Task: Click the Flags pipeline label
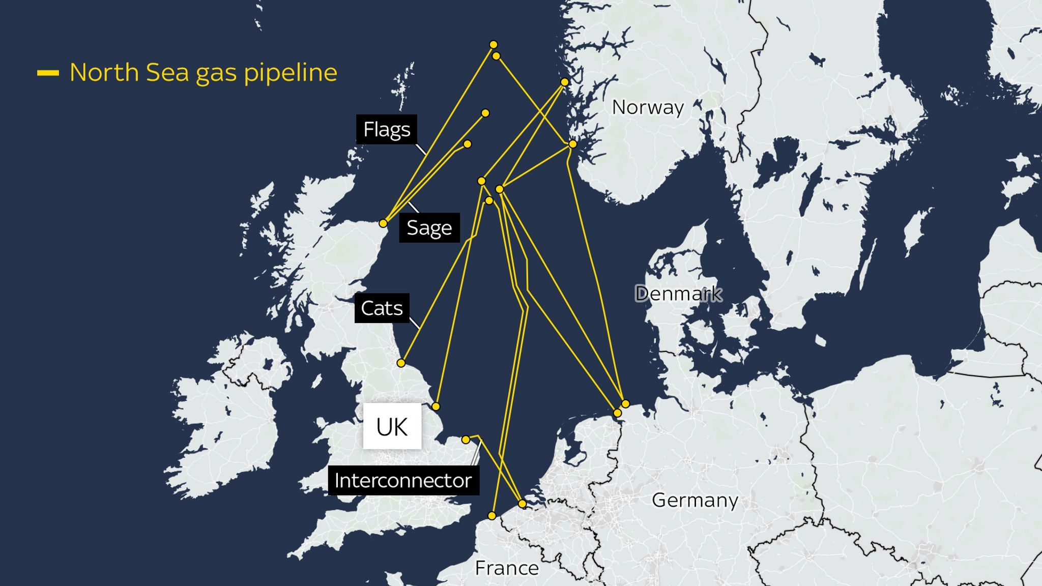click(x=387, y=129)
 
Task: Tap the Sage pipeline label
click(x=429, y=227)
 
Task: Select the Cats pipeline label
click(x=382, y=308)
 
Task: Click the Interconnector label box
click(x=403, y=480)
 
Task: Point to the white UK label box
click(x=392, y=426)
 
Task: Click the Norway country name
click(x=648, y=107)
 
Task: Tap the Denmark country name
click(x=678, y=294)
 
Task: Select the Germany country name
click(x=694, y=500)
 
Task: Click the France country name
click(x=506, y=568)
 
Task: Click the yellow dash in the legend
click(x=48, y=73)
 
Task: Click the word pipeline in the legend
click(x=290, y=73)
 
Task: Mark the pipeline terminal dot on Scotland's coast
click(x=383, y=223)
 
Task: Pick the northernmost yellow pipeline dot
click(x=493, y=45)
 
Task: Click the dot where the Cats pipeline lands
click(x=401, y=363)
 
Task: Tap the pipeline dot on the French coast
click(x=491, y=516)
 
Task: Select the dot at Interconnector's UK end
click(x=466, y=439)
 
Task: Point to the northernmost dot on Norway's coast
click(x=564, y=82)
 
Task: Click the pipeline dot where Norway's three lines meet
click(x=572, y=144)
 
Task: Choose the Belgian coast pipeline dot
click(x=522, y=504)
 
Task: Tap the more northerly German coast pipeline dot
click(x=625, y=404)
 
